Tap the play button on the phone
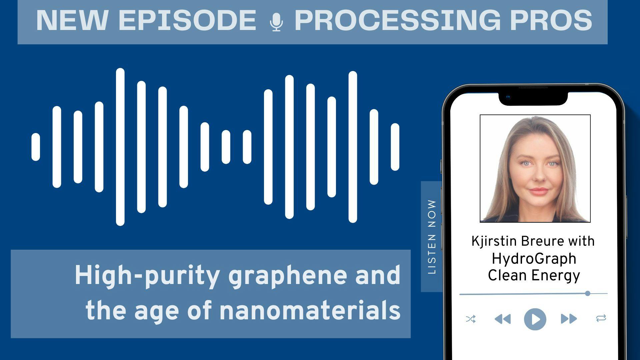point(535,319)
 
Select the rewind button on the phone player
point(503,319)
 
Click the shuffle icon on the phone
point(471,319)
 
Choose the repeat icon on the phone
point(601,318)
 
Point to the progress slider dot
point(588,293)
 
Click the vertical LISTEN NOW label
point(432,237)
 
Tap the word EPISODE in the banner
point(187,21)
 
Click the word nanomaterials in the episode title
point(310,310)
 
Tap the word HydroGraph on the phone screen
point(534,259)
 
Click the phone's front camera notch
point(533,97)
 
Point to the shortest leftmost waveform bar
point(36,147)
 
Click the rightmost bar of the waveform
point(395,147)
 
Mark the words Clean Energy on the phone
point(534,276)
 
